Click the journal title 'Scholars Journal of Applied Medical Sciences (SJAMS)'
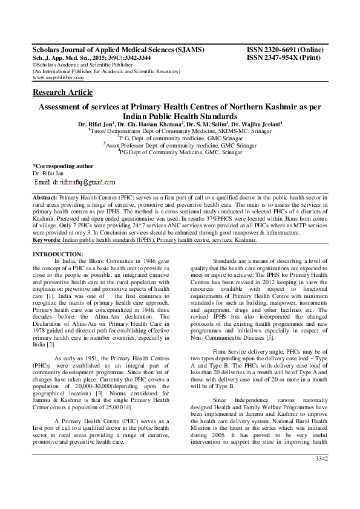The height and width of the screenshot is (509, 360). coord(118,50)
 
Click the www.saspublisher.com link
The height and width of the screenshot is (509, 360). coord(58,78)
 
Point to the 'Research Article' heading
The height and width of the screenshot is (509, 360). coord(62,92)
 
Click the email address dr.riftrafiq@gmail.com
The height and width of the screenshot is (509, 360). coord(74,181)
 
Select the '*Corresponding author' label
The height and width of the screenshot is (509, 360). coord(62,166)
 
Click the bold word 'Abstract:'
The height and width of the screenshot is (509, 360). coord(45,198)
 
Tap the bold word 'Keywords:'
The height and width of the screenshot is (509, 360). coord(47,240)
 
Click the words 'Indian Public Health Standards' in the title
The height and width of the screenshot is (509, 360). coord(180,115)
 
